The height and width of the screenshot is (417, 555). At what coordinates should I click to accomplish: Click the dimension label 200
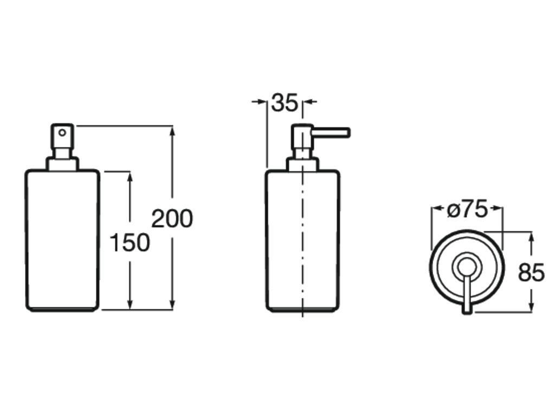pos(172,218)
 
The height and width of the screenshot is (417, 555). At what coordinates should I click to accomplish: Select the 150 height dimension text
pos(130,243)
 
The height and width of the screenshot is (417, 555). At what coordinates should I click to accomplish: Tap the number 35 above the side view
pos(285,103)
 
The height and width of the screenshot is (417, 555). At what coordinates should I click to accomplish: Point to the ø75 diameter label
pos(467,210)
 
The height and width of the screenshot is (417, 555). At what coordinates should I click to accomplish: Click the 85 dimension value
pos(531,273)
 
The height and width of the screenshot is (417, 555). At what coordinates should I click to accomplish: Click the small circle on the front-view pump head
pos(62,133)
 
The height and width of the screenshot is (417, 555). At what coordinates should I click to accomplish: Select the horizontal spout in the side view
pos(332,132)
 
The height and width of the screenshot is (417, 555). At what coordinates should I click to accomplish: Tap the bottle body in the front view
pos(62,241)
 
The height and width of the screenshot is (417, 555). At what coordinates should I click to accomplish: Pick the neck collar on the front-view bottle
pos(63,164)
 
